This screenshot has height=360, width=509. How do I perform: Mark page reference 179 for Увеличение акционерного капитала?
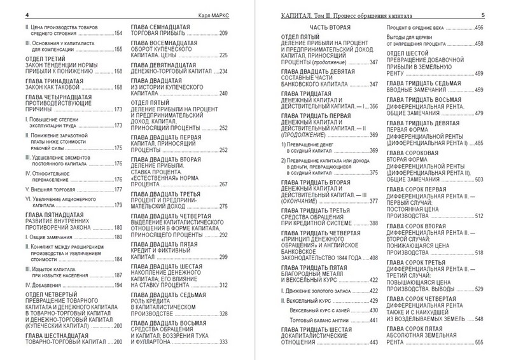pos(117,205)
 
